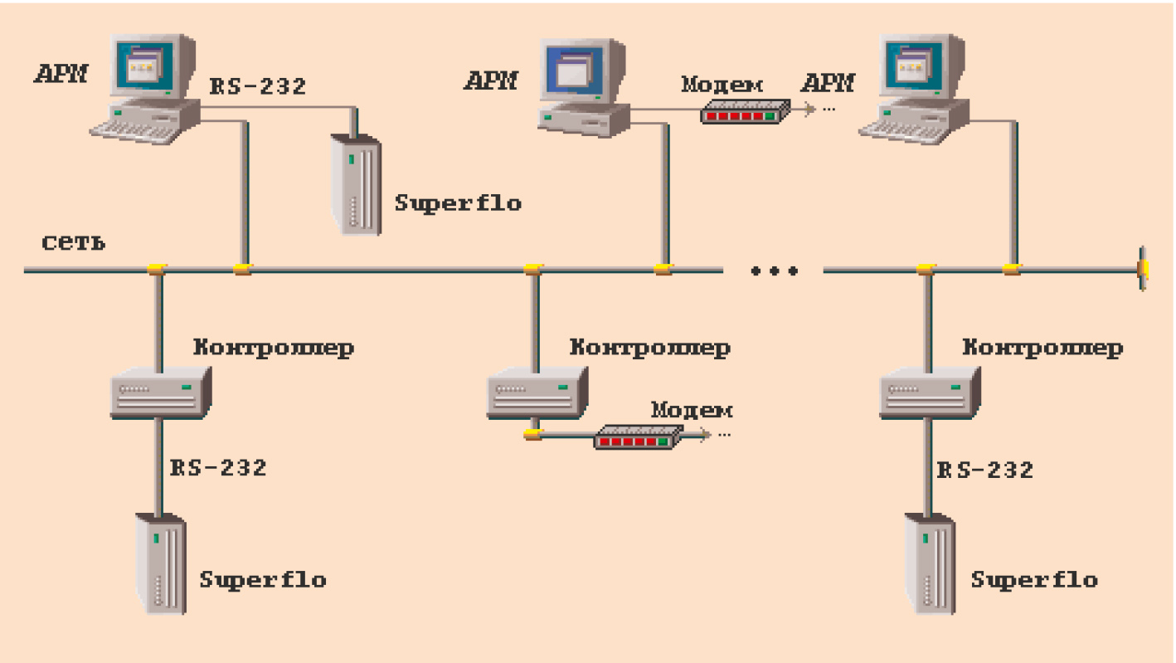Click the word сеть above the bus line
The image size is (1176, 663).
pos(73,243)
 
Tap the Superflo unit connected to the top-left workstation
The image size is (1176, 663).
pos(356,185)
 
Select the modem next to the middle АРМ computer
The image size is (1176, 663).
pos(743,111)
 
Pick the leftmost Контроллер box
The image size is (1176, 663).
pos(161,392)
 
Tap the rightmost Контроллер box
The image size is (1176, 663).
pos(930,391)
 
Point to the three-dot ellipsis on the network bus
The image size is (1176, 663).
pos(774,271)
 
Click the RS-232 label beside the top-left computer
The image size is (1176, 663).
pos(256,85)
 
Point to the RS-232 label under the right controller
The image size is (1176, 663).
pos(986,470)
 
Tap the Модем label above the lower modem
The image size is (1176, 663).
pos(692,410)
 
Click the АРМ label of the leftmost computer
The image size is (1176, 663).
pos(61,75)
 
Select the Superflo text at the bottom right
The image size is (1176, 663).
pos(1033,579)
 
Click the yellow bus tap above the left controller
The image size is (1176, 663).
pos(158,268)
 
